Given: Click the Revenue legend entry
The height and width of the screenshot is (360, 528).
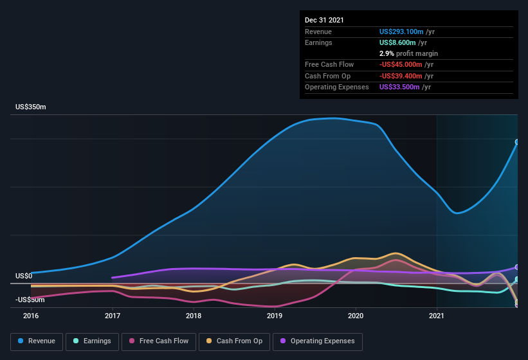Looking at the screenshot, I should tap(37, 341).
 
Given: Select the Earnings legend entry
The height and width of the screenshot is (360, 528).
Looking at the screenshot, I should tap(93, 341).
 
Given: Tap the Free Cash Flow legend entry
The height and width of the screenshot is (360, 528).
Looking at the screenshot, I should tap(159, 341).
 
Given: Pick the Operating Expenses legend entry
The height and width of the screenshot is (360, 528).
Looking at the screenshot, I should tap(318, 341).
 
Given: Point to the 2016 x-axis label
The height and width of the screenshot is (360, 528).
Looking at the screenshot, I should tap(31, 316).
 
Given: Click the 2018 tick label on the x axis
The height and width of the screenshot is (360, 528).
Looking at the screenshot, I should tap(194, 316).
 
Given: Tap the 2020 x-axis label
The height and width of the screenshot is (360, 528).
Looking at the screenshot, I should tap(356, 316).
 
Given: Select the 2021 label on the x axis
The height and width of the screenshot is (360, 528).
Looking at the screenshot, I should tap(437, 316).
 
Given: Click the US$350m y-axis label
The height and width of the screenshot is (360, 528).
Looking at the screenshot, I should tap(31, 107).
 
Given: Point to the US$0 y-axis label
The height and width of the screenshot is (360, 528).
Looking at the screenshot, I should tap(24, 276).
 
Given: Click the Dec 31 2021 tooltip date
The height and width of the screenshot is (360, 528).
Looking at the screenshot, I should tap(324, 20).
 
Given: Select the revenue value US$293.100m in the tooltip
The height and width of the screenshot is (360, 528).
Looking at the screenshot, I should tap(401, 32).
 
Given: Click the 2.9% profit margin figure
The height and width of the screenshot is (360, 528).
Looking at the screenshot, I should tap(387, 53).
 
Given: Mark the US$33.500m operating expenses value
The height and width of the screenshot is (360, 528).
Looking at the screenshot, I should tap(399, 87).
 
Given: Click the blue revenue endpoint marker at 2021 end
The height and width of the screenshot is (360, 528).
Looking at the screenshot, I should tap(517, 142).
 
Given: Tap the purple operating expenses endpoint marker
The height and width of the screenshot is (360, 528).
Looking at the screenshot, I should tap(517, 267).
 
